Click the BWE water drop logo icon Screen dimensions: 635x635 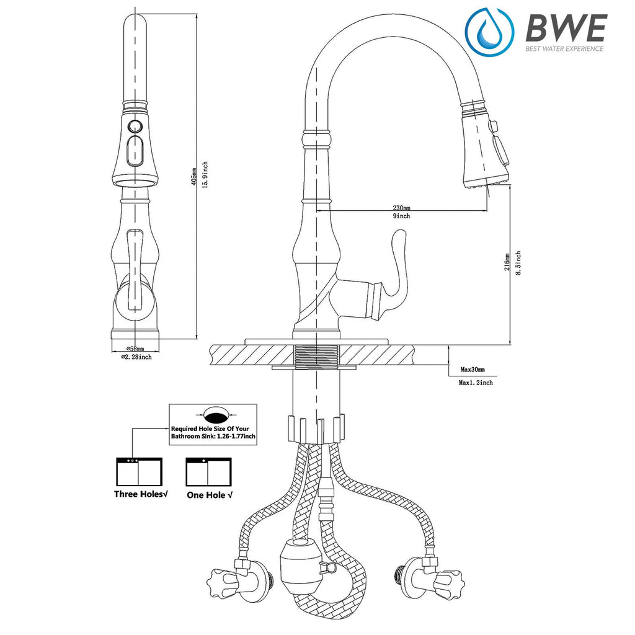click(x=489, y=31)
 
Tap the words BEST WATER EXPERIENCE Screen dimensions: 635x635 click(x=564, y=48)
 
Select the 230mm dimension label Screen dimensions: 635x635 click(x=401, y=208)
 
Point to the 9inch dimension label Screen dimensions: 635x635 click(x=401, y=216)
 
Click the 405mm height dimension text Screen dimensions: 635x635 click(x=194, y=177)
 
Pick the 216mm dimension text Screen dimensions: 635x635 click(x=507, y=262)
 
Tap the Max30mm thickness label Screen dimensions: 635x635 click(x=473, y=370)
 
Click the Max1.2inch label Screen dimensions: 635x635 click(x=476, y=382)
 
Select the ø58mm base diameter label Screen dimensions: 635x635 click(x=135, y=349)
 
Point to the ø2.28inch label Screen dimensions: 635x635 click(x=136, y=357)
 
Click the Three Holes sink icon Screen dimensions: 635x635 click(x=140, y=472)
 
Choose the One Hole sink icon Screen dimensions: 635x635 click(x=208, y=472)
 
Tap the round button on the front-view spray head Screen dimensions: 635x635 click(x=135, y=127)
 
